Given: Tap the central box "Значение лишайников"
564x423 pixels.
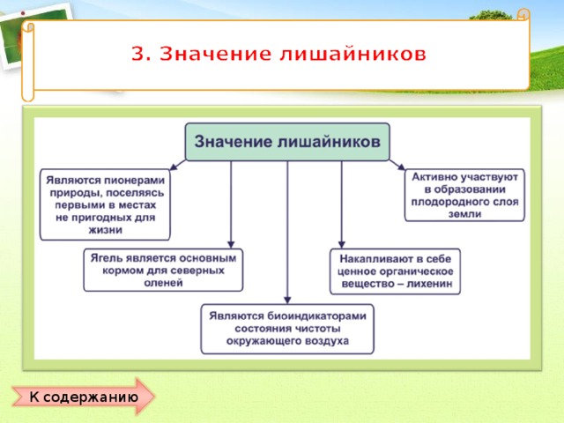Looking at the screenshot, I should [x=286, y=141].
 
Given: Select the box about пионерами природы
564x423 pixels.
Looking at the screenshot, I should [x=105, y=204].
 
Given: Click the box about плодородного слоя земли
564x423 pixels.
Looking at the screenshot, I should [x=464, y=195].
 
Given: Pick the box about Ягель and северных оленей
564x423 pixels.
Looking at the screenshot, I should [x=163, y=270].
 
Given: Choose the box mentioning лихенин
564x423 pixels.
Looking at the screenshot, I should [x=395, y=271].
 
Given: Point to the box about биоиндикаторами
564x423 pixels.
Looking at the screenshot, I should [x=286, y=328].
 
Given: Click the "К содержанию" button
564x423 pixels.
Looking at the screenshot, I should [x=83, y=397].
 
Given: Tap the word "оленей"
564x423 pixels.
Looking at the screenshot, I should [x=163, y=283].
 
